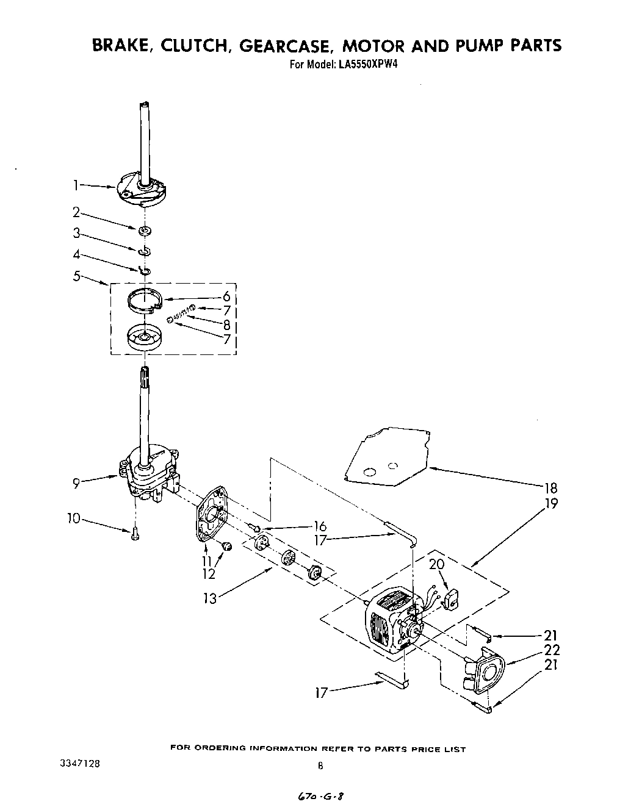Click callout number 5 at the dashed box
(x=76, y=276)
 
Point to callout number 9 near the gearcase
(x=76, y=483)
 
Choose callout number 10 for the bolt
(x=73, y=518)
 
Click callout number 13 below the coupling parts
(x=209, y=598)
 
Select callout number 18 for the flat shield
(x=552, y=487)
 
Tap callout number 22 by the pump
(x=552, y=650)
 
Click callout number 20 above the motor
(x=436, y=564)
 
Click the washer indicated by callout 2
(x=145, y=230)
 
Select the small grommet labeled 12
(x=228, y=546)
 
